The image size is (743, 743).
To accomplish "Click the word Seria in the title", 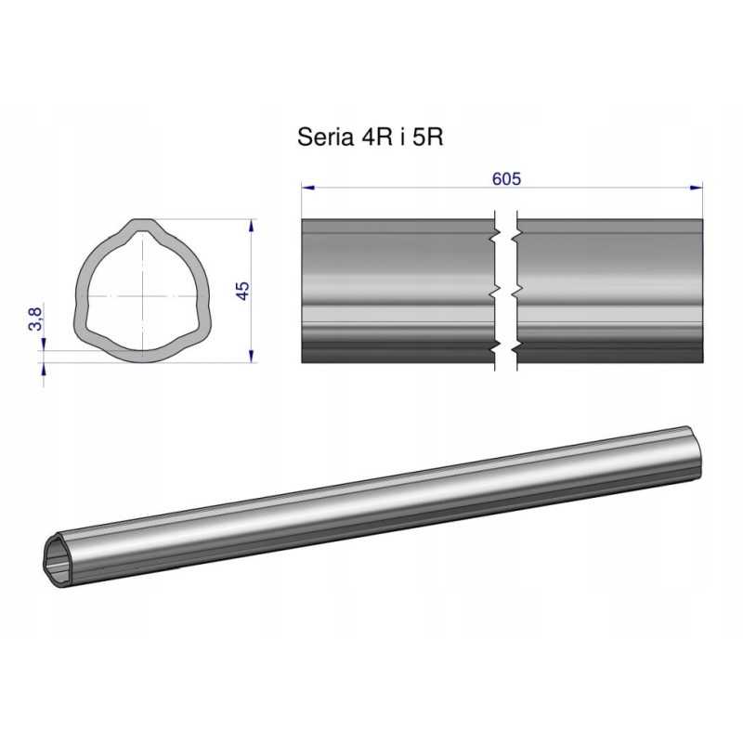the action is (326, 137).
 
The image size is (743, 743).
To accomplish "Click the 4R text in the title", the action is (377, 137).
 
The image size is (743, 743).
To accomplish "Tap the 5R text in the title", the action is (428, 137).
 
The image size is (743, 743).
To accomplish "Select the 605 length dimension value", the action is (506, 178).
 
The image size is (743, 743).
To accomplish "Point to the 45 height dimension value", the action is (242, 291).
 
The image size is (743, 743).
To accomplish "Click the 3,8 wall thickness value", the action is (35, 319).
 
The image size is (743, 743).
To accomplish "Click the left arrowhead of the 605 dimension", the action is (308, 188).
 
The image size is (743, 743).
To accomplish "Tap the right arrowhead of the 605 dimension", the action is (697, 188).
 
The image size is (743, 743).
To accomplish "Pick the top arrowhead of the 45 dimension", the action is (251, 226).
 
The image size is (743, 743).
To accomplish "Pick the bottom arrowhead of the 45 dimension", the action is (251, 356).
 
